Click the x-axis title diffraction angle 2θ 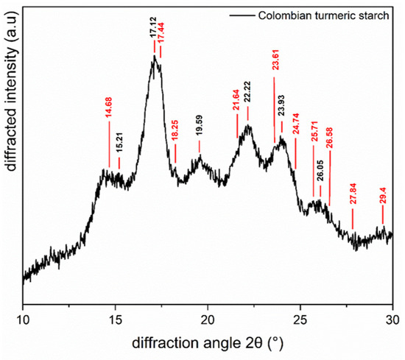click(207, 342)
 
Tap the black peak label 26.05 click(320, 175)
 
